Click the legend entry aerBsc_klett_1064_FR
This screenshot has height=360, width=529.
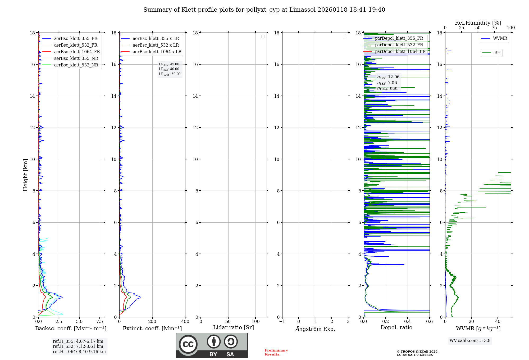coord(77,52)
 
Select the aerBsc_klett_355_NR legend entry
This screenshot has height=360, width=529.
coord(76,58)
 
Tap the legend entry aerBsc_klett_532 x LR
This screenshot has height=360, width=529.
coord(156,45)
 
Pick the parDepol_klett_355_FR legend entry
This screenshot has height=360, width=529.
coord(399,38)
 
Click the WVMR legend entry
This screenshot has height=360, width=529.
coord(500,38)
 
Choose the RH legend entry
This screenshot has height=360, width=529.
coord(497,53)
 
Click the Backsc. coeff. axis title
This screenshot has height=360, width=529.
coord(71,328)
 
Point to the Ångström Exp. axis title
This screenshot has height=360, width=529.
coord(315,329)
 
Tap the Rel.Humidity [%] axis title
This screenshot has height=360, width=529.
coord(478,23)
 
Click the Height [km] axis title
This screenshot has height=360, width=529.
coord(25,175)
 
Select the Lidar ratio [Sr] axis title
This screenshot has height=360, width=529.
coord(234,328)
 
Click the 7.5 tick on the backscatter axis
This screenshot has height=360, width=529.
coord(100,322)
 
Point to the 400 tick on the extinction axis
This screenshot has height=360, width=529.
coord(185,322)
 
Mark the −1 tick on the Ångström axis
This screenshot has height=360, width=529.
coord(282,322)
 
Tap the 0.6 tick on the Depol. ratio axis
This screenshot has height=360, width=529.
coord(429,322)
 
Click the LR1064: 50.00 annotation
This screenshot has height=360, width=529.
coord(170,74)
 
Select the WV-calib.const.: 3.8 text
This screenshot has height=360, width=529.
coord(470,341)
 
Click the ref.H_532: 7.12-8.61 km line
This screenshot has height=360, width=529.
coord(78,346)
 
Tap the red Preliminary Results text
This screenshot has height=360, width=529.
coord(276,352)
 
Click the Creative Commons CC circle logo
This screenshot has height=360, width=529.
coord(188,344)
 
